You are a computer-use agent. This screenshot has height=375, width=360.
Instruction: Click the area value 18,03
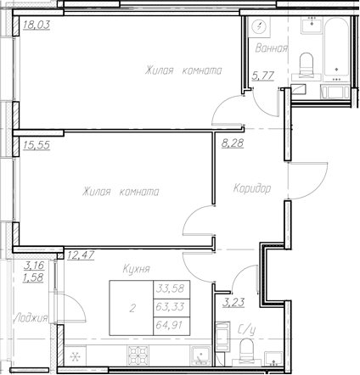pyautogui.click(x=36, y=25)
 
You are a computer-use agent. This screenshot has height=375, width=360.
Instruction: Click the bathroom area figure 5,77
pyautogui.click(x=262, y=76)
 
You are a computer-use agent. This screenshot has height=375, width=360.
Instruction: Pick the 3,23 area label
pyautogui.click(x=233, y=299)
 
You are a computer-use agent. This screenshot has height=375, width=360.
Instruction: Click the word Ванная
pyautogui.click(x=272, y=49)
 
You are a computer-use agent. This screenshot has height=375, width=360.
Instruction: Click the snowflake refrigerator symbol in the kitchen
pyautogui.click(x=75, y=357)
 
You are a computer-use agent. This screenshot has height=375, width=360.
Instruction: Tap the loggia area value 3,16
pyautogui.click(x=34, y=266)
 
